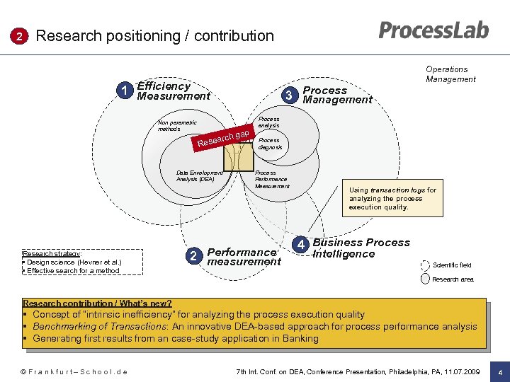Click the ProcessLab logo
(x=433, y=30)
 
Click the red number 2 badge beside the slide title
(x=21, y=36)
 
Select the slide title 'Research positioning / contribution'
(x=154, y=36)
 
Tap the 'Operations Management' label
(x=450, y=74)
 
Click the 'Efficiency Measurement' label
(x=174, y=91)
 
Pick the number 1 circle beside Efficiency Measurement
(x=125, y=91)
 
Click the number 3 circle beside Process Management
(x=288, y=95)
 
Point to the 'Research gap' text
(x=222, y=138)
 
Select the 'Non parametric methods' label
(x=177, y=126)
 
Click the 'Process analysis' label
(x=269, y=122)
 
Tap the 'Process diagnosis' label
(x=270, y=144)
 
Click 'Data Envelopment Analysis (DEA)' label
(x=199, y=175)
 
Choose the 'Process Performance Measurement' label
(x=271, y=180)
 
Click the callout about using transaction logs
(x=393, y=199)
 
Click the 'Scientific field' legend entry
(x=451, y=265)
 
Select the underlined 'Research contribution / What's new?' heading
(x=97, y=303)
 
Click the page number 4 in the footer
(x=500, y=372)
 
